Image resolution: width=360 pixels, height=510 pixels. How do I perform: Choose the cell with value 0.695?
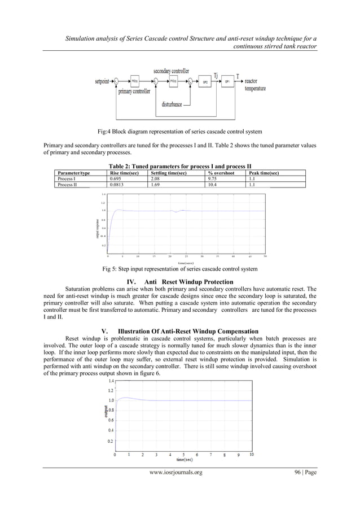115,178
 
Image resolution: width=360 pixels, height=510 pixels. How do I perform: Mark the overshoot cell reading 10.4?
213,184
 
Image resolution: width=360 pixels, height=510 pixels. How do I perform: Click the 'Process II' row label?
67,184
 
